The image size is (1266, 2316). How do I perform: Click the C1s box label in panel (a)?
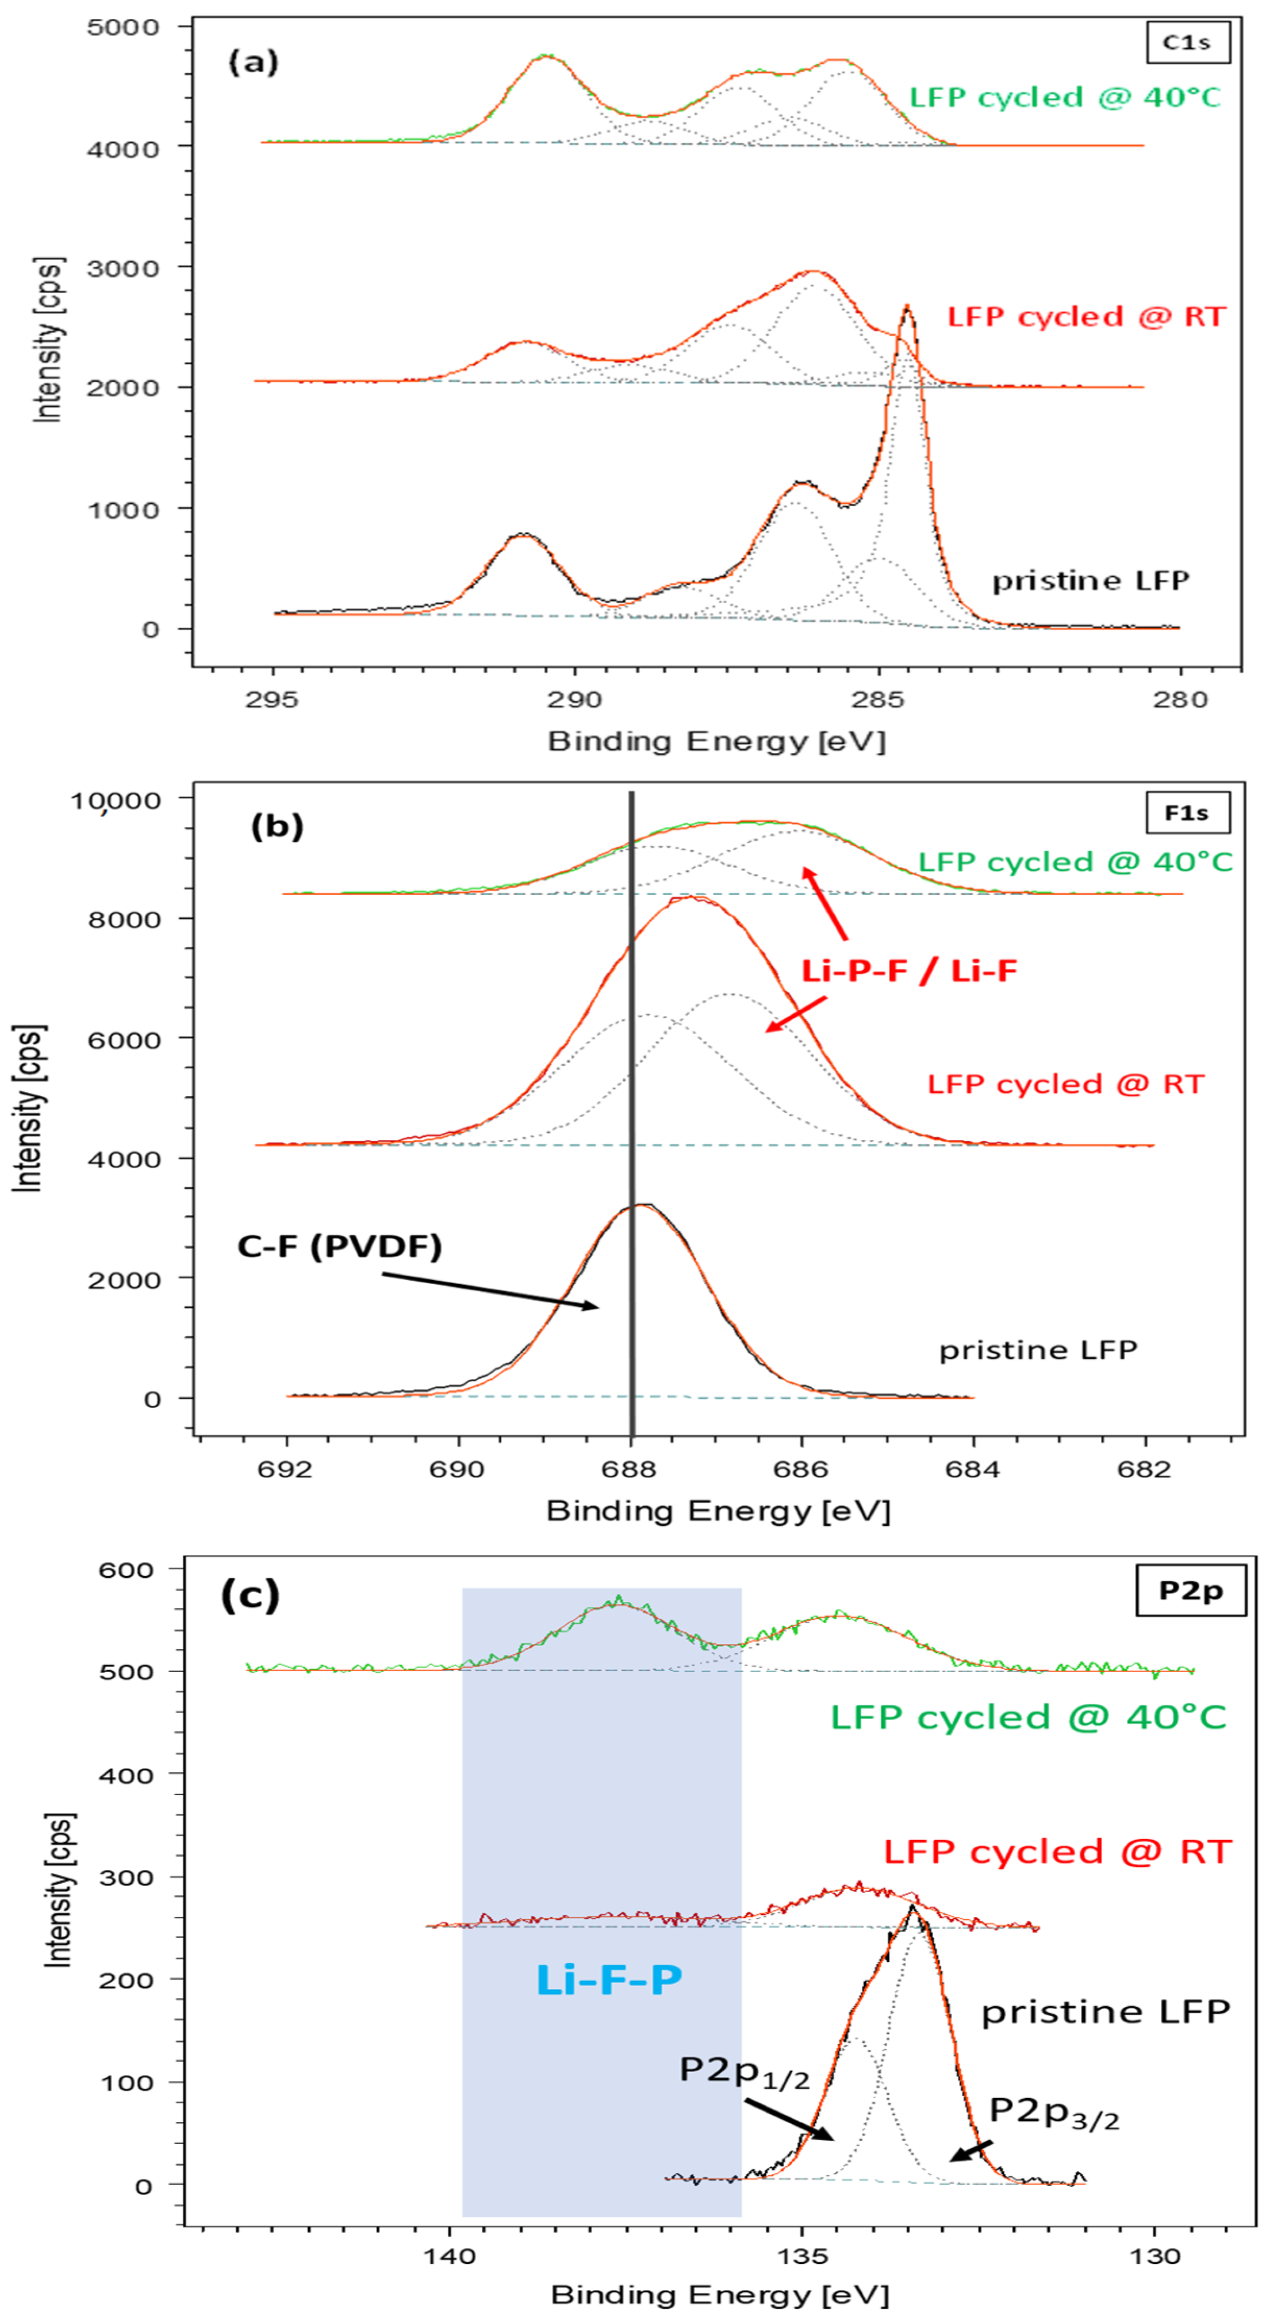1187,42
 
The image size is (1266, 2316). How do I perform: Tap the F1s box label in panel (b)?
1187,813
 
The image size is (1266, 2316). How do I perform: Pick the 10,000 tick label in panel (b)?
116,799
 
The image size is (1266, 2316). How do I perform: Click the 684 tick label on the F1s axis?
973,1469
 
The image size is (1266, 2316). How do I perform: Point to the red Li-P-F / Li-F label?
909,970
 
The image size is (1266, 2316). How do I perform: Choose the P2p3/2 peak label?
1054,2112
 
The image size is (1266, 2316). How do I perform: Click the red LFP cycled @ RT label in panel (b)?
1065,1083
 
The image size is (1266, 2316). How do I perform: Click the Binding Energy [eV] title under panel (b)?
717,1510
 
